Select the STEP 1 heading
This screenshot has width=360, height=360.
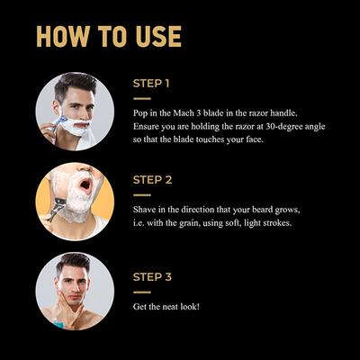point(151,84)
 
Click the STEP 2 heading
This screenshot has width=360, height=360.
point(152,180)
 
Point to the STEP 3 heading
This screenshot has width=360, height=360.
point(152,277)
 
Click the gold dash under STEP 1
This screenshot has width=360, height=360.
point(142,98)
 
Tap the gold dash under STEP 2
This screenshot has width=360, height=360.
point(142,195)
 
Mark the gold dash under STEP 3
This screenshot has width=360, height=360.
point(142,292)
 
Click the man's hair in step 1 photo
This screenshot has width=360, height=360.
point(75,84)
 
